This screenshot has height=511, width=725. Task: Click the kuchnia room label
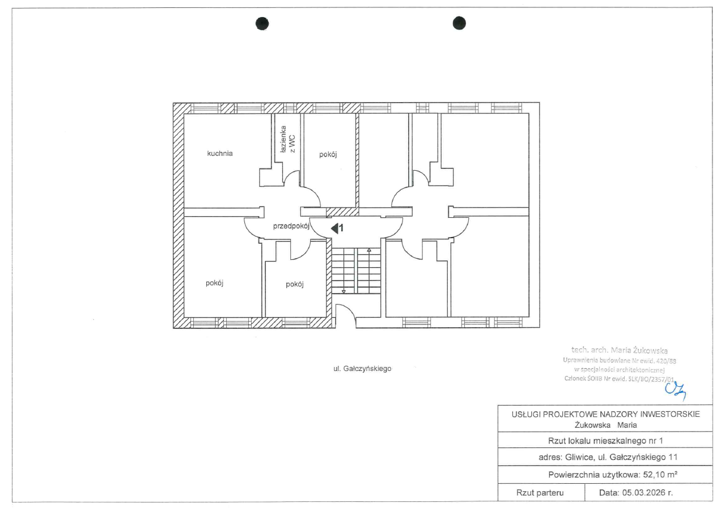tap(220, 154)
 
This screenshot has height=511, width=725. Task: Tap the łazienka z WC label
tap(287, 140)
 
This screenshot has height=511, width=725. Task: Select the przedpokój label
tap(291, 226)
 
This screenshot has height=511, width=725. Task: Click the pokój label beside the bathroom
tap(328, 154)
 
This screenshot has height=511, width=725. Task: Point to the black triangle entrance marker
tap(334, 229)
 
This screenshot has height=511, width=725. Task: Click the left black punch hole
tap(262, 24)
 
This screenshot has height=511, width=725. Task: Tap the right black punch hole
tap(459, 23)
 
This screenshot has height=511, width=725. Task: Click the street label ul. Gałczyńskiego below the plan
tap(362, 369)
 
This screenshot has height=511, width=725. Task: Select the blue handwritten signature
tap(676, 391)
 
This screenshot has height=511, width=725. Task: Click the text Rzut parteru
tap(540, 493)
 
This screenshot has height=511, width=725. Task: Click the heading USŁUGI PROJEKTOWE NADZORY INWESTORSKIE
tap(605, 414)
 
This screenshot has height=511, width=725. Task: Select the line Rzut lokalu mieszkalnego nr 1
tap(605, 441)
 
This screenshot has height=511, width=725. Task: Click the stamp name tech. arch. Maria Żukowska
tap(619, 350)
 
